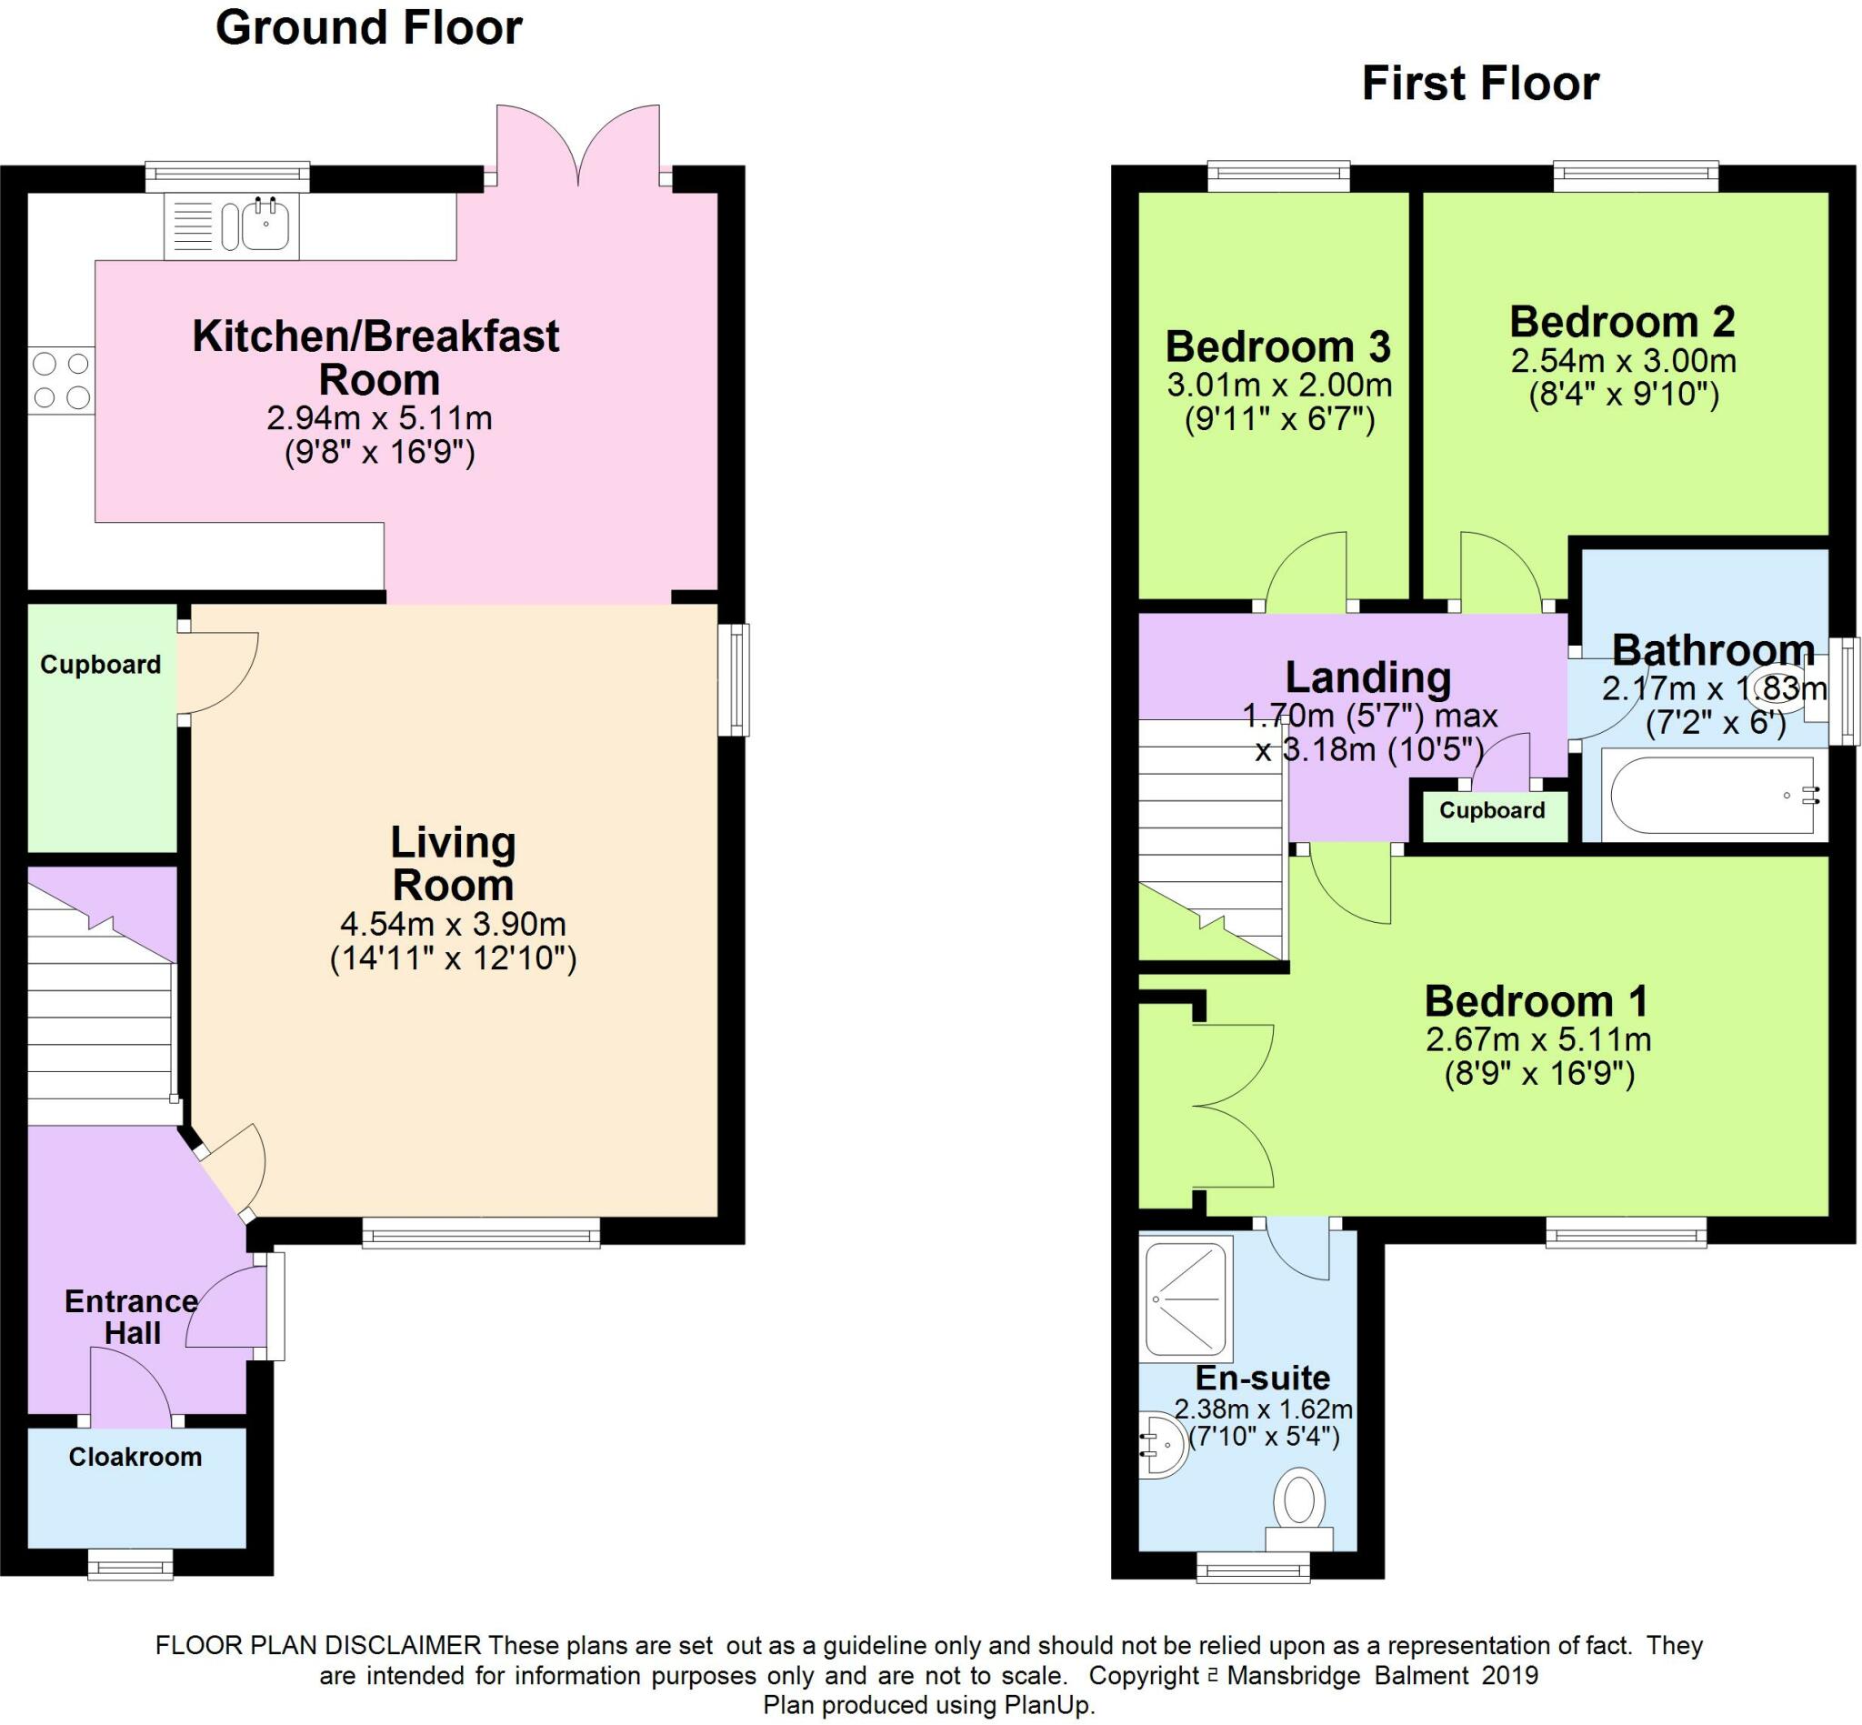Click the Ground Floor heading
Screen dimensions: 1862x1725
click(x=368, y=28)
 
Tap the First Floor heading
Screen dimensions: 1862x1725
click(x=1480, y=83)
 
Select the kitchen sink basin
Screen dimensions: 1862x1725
click(x=266, y=225)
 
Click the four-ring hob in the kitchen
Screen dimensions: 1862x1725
click(x=62, y=380)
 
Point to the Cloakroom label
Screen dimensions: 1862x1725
click(x=135, y=1456)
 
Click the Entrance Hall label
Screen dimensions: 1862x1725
click(x=132, y=1316)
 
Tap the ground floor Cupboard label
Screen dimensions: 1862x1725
click(x=101, y=665)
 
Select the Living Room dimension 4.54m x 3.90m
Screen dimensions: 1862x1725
click(x=454, y=924)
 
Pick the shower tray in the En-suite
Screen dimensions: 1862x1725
click(x=1186, y=1298)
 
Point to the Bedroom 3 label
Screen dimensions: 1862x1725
click(x=1277, y=346)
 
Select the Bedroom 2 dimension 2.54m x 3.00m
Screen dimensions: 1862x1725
click(x=1624, y=360)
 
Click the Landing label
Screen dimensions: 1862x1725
click(x=1368, y=677)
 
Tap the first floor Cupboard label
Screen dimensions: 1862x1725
click(x=1491, y=810)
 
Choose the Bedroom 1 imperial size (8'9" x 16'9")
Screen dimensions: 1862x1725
click(x=1540, y=1075)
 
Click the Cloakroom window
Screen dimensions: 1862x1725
click(x=131, y=1564)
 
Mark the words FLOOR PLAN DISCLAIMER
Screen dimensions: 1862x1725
click(x=318, y=1645)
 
